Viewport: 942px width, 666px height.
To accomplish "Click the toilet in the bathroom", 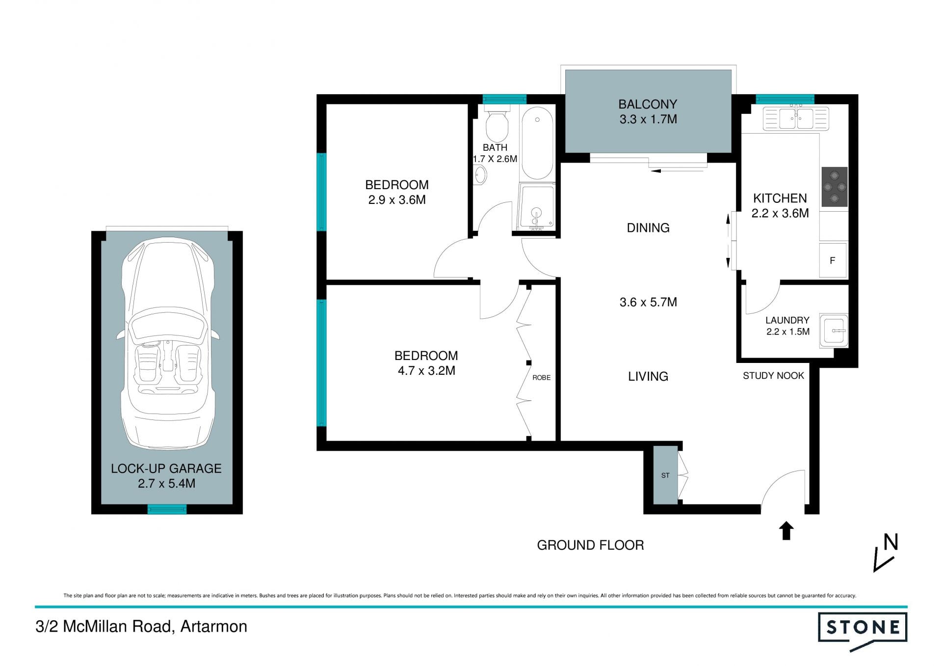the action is pos(497,123).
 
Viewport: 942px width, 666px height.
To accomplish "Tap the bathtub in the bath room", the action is pos(537,143).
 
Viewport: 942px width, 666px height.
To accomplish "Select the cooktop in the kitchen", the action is pos(835,187).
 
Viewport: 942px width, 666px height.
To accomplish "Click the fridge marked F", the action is pos(833,260).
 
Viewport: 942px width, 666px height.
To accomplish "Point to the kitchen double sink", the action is pos(796,119).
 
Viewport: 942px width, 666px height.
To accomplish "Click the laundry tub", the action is pos(834,331).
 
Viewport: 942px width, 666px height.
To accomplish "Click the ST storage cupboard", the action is pos(665,475).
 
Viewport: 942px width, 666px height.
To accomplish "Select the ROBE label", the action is pos(542,378).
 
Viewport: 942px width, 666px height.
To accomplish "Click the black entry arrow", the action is pos(786,530).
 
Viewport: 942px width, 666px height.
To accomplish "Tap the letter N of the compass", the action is pos(890,542).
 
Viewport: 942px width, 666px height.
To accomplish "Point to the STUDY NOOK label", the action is pos(773,376).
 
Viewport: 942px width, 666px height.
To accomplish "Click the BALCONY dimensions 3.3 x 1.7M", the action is pos(648,119).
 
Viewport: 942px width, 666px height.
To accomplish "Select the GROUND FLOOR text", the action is pos(590,545).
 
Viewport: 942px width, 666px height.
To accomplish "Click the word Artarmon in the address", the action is pos(214,627).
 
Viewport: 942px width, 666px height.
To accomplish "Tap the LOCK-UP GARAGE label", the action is pos(166,469).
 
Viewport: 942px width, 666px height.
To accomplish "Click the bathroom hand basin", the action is pos(480,175).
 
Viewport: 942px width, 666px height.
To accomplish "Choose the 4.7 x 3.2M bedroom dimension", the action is pos(426,371).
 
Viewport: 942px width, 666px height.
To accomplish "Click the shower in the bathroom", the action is pos(537,207).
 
